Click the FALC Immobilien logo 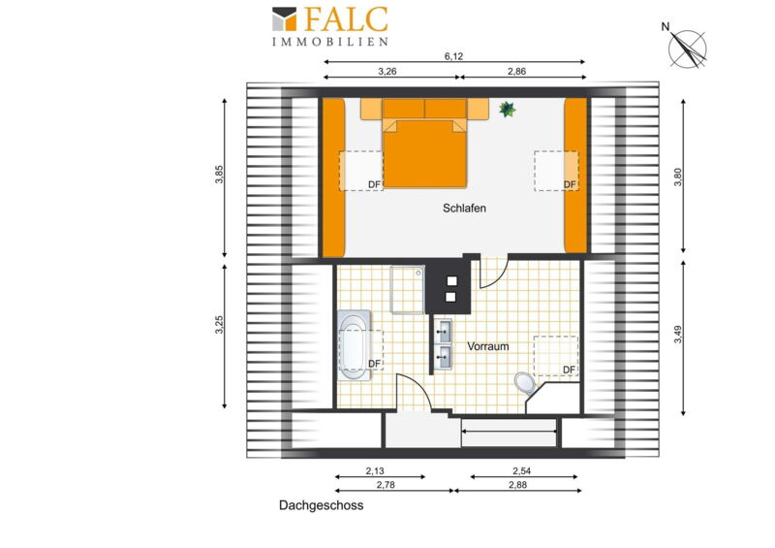(x=330, y=26)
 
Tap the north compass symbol (x=686, y=47)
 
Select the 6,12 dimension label (x=453, y=56)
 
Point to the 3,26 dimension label (x=387, y=71)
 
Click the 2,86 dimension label (x=516, y=71)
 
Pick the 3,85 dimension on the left (x=220, y=175)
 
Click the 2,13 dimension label (x=375, y=470)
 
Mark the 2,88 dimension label (x=517, y=485)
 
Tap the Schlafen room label (x=464, y=209)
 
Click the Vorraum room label (x=488, y=346)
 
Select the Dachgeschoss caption (x=322, y=505)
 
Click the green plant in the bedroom (x=507, y=109)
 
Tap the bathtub (x=355, y=345)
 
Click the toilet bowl (x=524, y=382)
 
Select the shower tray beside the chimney (x=407, y=290)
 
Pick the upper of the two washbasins (x=444, y=331)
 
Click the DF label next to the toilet (x=569, y=370)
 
